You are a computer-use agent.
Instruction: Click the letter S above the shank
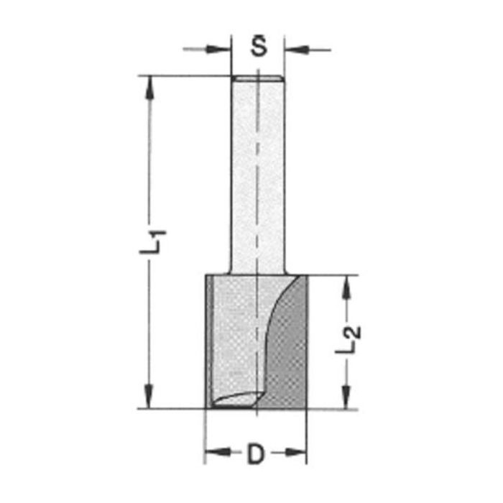coord(259,48)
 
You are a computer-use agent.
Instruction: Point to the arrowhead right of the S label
coord(296,50)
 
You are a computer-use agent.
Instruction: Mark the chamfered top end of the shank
coord(258,78)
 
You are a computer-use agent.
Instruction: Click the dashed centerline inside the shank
coord(258,187)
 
